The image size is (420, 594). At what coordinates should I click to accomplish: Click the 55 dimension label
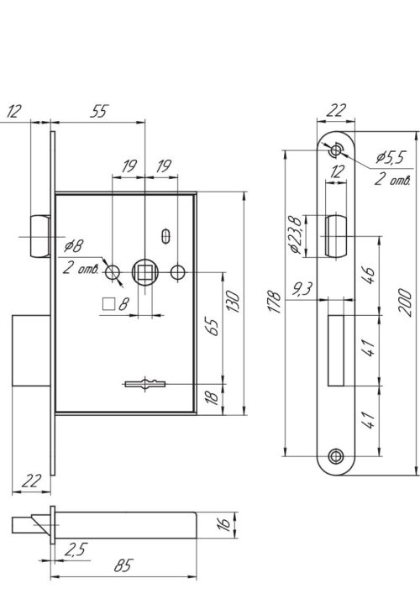[x=99, y=111]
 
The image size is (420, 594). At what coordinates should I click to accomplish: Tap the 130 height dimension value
[x=233, y=302]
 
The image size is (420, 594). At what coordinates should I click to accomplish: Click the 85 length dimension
[x=123, y=565]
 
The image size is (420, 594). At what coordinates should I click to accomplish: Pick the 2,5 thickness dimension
[x=76, y=549]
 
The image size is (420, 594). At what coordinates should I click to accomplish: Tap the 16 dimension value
[x=224, y=523]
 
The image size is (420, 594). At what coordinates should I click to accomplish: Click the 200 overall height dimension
[x=405, y=302]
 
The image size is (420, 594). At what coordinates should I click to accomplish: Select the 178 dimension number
[x=275, y=302]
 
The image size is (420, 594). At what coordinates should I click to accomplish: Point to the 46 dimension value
[x=368, y=275]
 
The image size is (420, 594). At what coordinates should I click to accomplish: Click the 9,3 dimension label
[x=302, y=289]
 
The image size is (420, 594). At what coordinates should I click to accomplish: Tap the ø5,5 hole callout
[x=391, y=157]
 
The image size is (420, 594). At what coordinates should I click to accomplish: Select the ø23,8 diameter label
[x=296, y=235]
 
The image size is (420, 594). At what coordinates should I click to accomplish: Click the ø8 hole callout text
[x=73, y=246]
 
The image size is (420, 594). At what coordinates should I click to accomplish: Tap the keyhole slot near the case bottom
[x=145, y=384]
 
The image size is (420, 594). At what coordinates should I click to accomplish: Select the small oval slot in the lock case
[x=165, y=236]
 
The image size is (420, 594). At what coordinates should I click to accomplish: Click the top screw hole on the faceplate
[x=335, y=150]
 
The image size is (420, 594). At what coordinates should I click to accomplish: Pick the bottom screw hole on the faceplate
[x=336, y=456]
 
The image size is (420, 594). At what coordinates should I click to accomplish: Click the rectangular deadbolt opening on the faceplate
[x=336, y=350]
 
